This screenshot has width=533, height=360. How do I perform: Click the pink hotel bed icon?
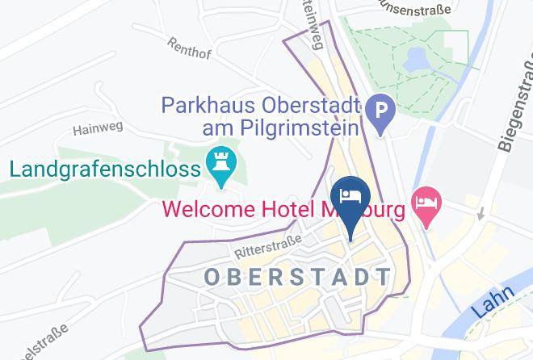426,200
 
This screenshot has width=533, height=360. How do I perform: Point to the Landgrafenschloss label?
104,170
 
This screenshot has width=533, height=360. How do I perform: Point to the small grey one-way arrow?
481,215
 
